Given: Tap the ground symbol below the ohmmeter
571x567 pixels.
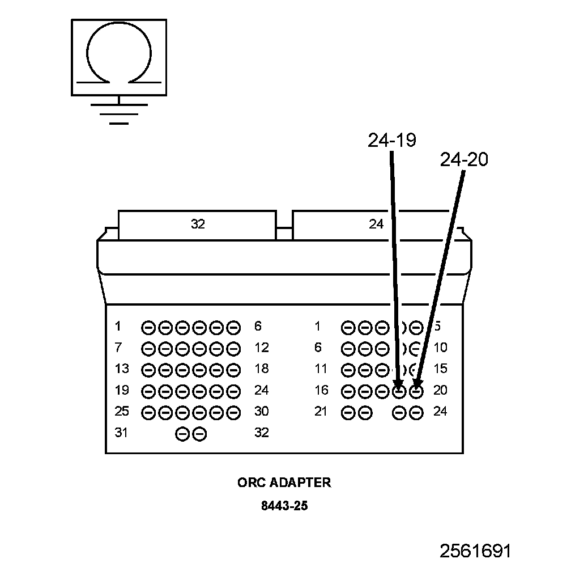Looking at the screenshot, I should pyautogui.click(x=119, y=112).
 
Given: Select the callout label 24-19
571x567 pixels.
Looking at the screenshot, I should pyautogui.click(x=391, y=140).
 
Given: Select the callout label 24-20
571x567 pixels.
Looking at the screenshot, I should pyautogui.click(x=463, y=160).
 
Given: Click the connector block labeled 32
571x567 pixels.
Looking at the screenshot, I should pyautogui.click(x=197, y=225).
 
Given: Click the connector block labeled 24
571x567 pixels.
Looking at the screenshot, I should pyautogui.click(x=376, y=225).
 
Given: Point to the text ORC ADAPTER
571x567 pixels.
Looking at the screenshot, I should pyautogui.click(x=284, y=483).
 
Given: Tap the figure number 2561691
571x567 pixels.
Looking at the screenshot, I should pyautogui.click(x=476, y=551).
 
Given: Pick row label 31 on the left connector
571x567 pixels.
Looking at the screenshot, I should pyautogui.click(x=121, y=433).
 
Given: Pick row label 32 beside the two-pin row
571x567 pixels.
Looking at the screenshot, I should pyautogui.click(x=261, y=433).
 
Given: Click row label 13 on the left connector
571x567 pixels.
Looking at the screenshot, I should pyautogui.click(x=121, y=369).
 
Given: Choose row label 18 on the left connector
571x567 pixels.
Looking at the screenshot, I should pyautogui.click(x=261, y=369).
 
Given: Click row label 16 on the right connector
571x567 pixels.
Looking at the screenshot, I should pyautogui.click(x=321, y=391).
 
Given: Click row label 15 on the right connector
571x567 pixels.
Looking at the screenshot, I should pyautogui.click(x=440, y=369).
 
